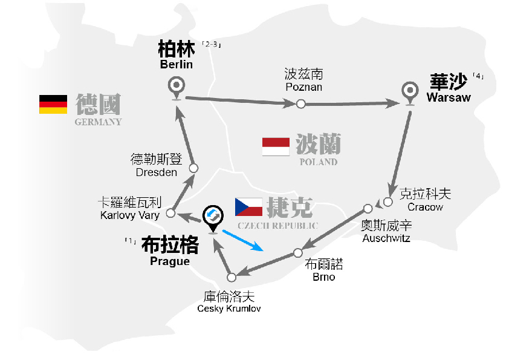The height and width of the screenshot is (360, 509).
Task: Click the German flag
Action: (53, 104)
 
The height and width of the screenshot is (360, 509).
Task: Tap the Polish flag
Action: (276, 146)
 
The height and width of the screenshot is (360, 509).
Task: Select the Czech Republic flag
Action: (248, 208)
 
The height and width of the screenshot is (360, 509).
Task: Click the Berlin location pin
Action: (177, 87)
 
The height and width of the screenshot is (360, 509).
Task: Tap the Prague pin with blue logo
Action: (212, 217)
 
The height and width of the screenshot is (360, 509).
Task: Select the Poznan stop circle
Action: (301, 104)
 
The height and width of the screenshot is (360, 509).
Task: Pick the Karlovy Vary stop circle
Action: (171, 213)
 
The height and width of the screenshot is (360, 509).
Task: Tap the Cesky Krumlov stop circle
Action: (232, 277)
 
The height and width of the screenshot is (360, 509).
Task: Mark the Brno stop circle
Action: (297, 252)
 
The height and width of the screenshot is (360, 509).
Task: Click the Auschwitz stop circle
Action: (368, 208)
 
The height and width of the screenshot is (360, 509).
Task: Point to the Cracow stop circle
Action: (389, 201)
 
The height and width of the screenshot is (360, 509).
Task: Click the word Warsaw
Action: (448, 97)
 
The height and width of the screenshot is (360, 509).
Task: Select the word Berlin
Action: (176, 65)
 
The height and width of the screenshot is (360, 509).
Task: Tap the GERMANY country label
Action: (98, 122)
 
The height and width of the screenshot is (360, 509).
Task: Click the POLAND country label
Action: (319, 162)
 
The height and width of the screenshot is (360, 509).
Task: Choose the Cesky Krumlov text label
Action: (229, 309)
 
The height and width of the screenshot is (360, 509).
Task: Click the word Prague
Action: (170, 261)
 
